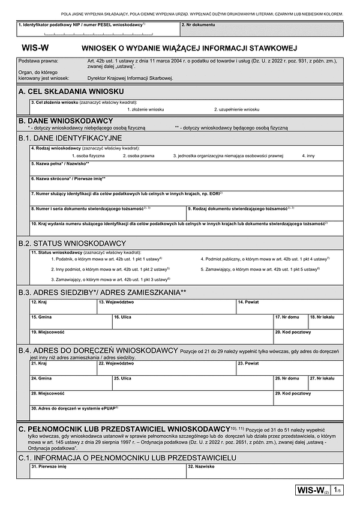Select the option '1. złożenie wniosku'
[145, 109]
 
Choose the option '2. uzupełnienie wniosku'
[236, 109]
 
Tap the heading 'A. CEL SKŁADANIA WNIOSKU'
[71, 91]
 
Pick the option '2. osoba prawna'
[139, 155]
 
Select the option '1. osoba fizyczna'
[88, 155]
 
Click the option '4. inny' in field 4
[308, 155]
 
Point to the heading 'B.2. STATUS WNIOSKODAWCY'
[72, 243]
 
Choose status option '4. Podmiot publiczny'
[265, 258]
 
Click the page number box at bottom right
[338, 491]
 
